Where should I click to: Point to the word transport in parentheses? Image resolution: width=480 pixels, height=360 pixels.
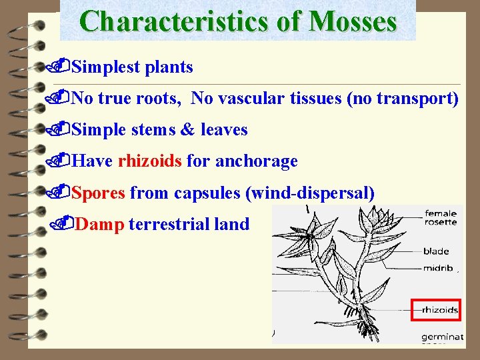coord(418,99)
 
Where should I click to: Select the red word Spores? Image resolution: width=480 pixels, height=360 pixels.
coord(98,193)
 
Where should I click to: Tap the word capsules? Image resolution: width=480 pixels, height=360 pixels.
coord(207,193)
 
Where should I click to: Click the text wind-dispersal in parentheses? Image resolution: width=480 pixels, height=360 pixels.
coord(310,193)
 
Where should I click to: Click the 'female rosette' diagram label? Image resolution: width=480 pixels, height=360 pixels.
coord(441,217)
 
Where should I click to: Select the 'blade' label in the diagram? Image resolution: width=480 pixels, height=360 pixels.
coord(435,251)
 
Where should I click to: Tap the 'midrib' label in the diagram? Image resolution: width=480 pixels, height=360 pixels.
coord(437,268)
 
